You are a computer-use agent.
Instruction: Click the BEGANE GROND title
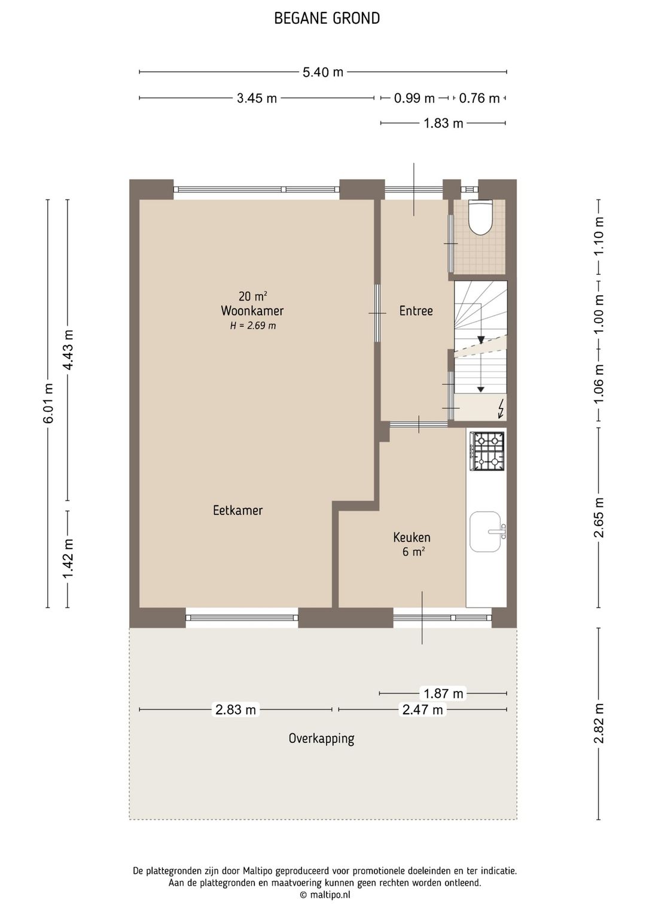(x=327, y=19)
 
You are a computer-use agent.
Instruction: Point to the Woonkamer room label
(x=252, y=311)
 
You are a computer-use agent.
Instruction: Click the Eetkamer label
(x=237, y=510)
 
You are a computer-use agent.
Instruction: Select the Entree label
(x=416, y=311)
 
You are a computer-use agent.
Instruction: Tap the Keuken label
(x=412, y=537)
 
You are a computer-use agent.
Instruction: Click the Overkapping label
(x=321, y=738)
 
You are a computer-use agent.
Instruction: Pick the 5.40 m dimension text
(x=323, y=72)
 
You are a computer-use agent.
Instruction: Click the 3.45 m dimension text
(x=257, y=98)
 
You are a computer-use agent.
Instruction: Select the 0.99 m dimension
(x=414, y=98)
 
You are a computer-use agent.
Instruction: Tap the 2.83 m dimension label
(x=236, y=709)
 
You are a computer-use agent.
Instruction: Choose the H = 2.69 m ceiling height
(x=252, y=326)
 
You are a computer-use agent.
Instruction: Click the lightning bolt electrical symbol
(x=501, y=409)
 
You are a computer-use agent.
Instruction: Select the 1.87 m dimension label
(x=443, y=693)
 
